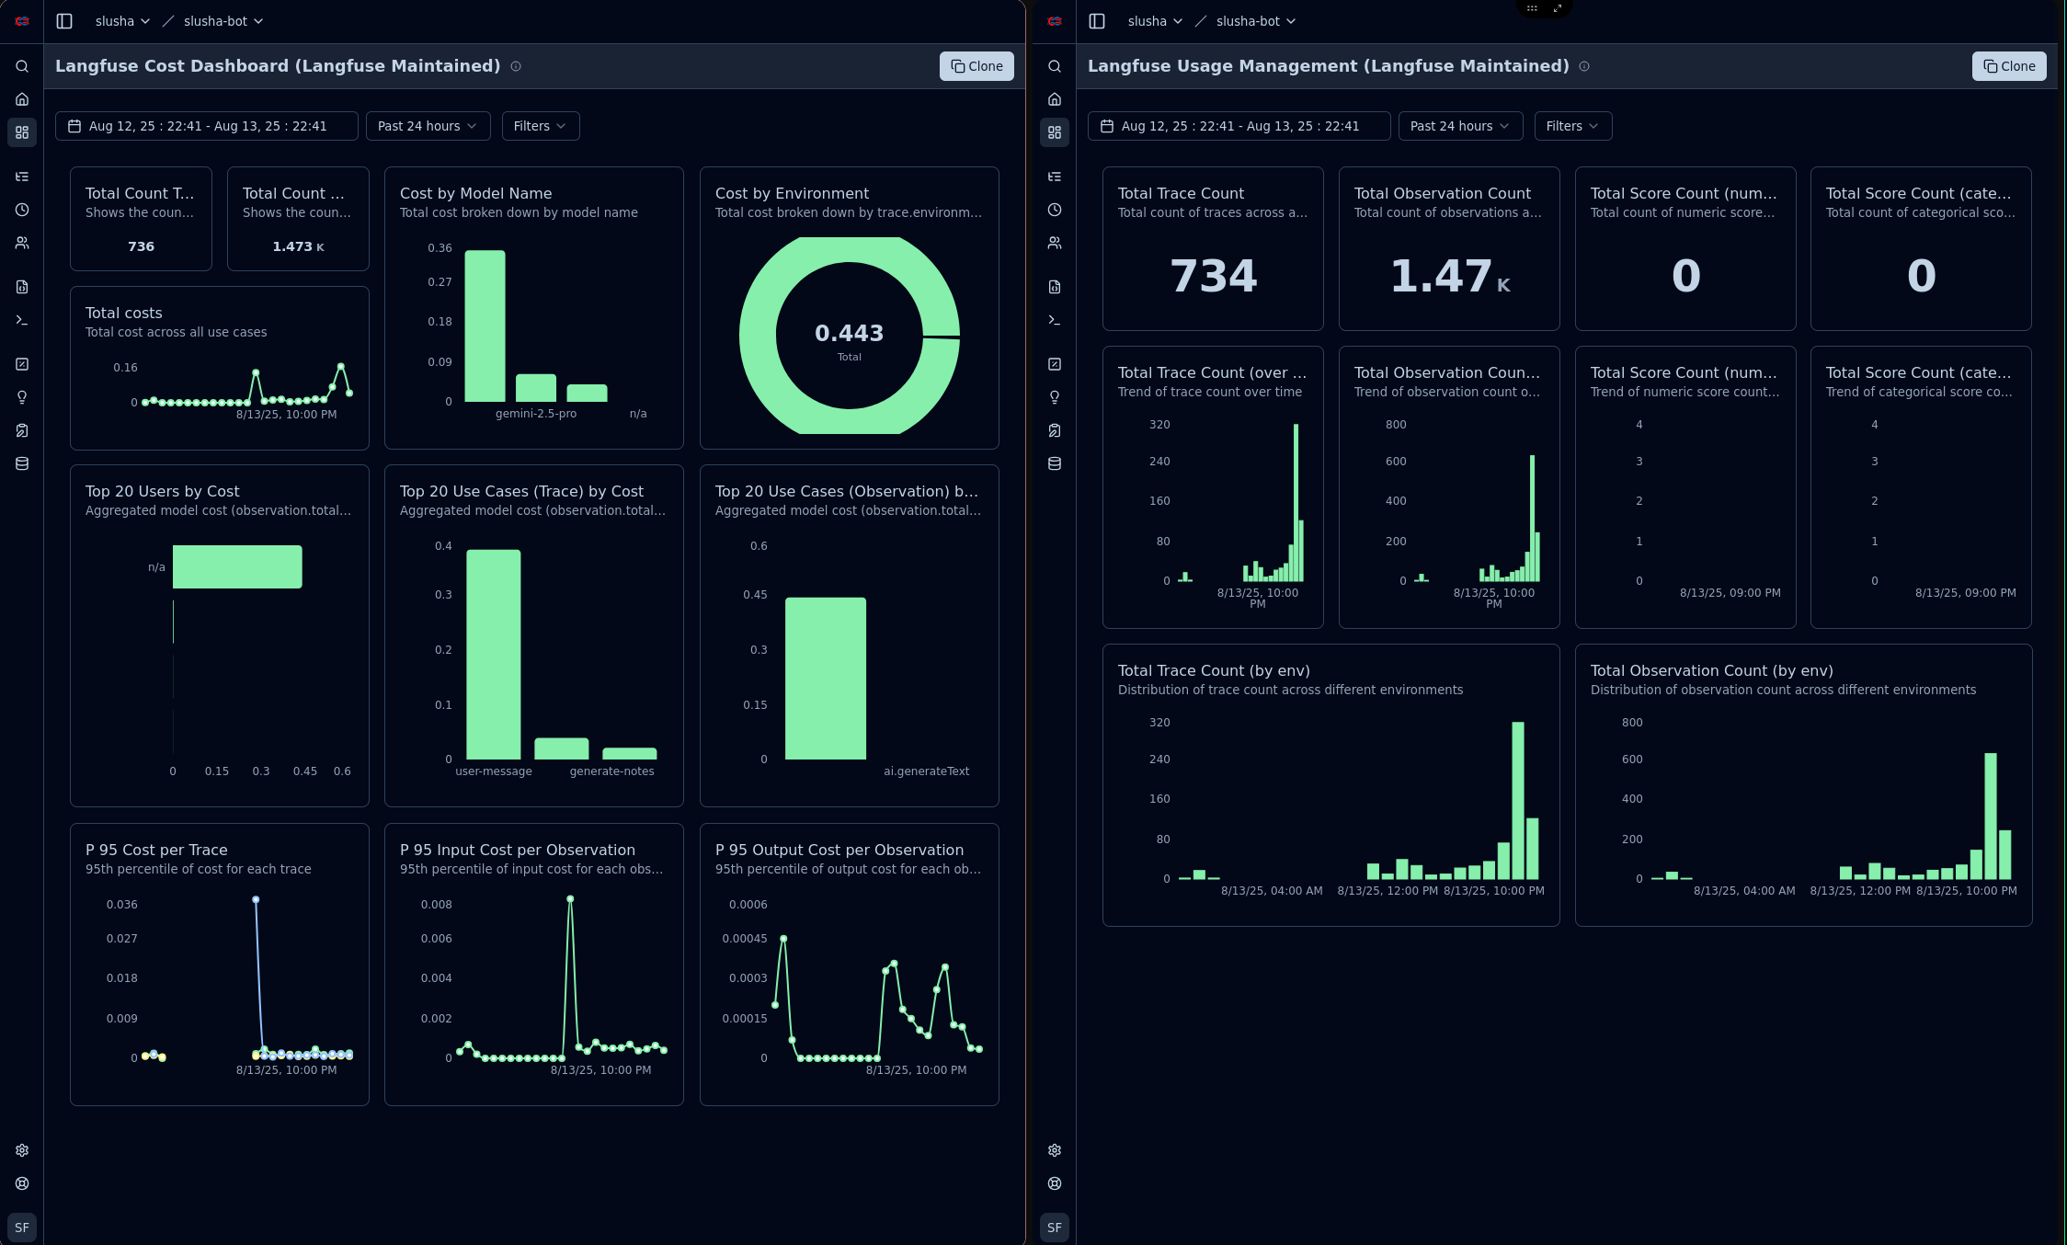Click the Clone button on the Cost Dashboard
(976, 66)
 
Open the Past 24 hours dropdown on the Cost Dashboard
(428, 126)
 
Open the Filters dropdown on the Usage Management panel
(1572, 126)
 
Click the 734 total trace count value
(1213, 276)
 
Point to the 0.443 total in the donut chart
(849, 333)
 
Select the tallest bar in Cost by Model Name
(485, 326)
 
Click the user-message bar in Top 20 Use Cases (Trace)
(494, 654)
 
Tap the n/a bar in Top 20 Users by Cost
(237, 566)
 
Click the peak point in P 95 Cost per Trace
(256, 899)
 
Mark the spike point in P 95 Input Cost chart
(570, 898)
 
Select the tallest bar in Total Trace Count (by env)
(1517, 800)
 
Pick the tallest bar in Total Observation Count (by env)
(1990, 816)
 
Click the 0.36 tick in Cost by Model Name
(440, 248)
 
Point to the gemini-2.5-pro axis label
(536, 414)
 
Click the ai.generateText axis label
(926, 771)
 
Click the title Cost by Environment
(792, 193)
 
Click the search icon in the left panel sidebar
(22, 66)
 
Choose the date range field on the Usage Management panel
(1239, 126)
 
